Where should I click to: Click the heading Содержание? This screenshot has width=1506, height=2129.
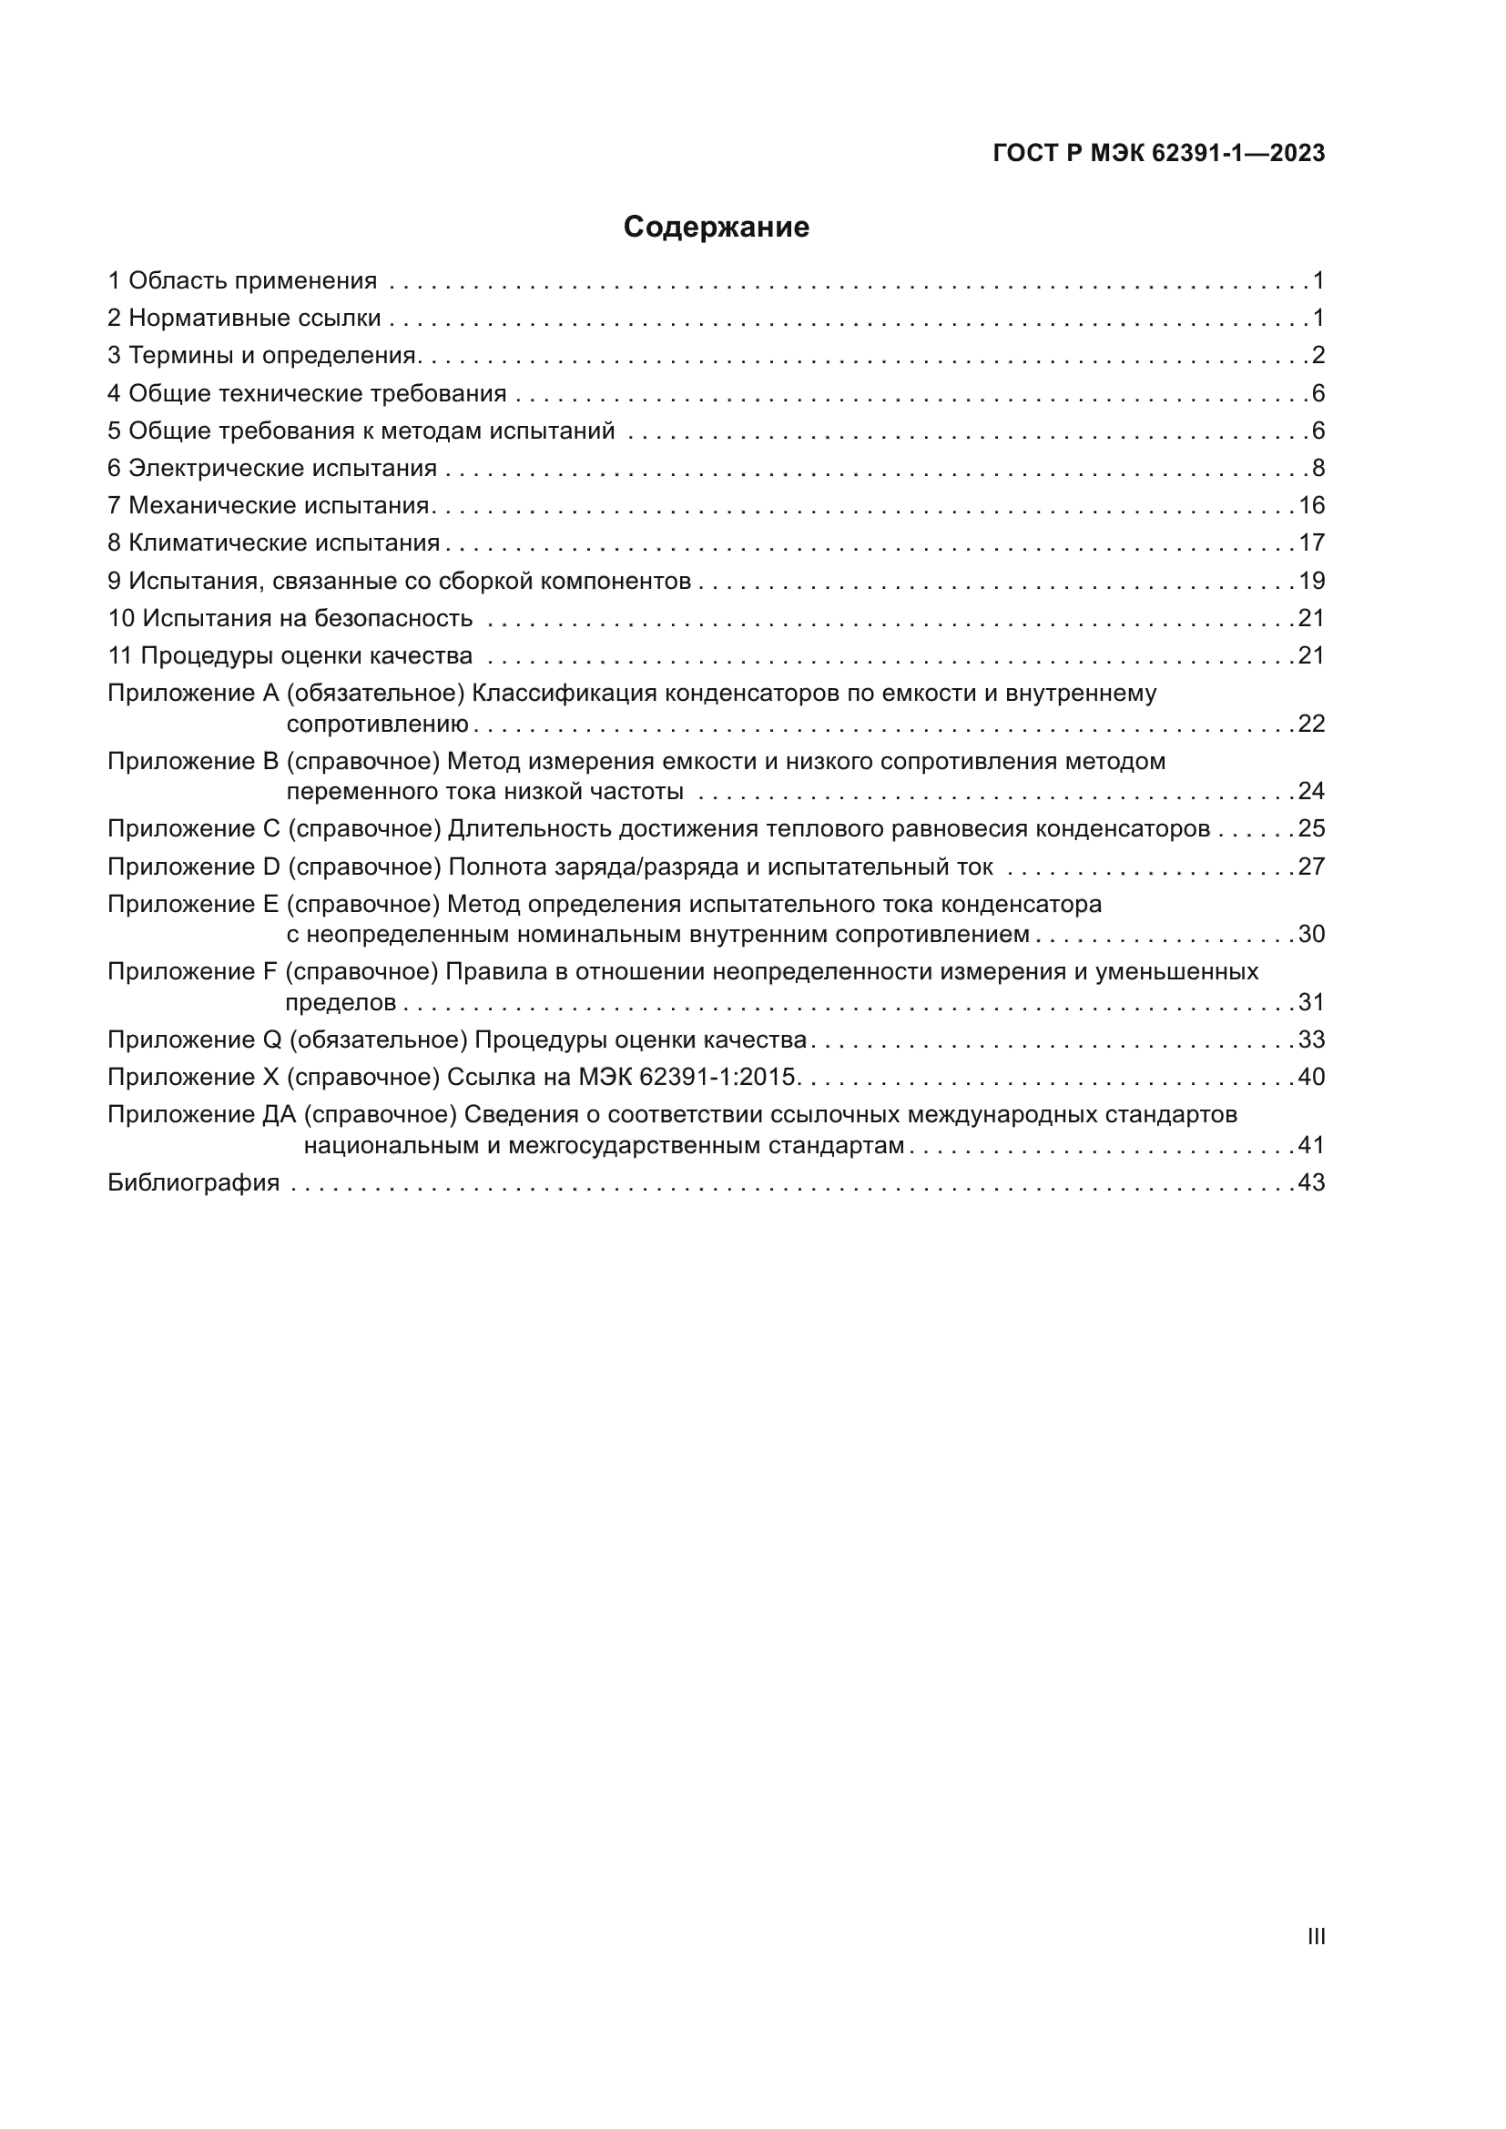click(715, 228)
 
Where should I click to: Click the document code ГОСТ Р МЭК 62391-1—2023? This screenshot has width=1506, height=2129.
click(1158, 153)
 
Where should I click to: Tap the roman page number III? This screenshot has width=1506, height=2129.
click(1315, 1936)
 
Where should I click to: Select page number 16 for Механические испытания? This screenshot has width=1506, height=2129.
click(1311, 505)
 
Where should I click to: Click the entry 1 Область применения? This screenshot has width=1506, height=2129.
click(242, 281)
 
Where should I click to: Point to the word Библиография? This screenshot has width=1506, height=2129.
click(193, 1182)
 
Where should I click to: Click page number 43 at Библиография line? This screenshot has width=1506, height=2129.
click(1311, 1182)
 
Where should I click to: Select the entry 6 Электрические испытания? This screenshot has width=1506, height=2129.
click(271, 468)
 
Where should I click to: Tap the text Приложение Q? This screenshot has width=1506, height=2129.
click(194, 1039)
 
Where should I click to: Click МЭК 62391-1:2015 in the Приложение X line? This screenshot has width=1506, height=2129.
click(687, 1077)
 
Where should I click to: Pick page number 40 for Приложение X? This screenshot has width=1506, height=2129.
click(1311, 1077)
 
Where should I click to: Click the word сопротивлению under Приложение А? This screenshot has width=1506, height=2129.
click(377, 725)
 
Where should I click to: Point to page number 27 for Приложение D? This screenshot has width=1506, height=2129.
click(1311, 867)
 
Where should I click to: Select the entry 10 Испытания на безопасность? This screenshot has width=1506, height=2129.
click(290, 618)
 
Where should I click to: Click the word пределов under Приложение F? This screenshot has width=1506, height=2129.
click(341, 1002)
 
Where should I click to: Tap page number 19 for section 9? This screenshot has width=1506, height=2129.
click(1311, 582)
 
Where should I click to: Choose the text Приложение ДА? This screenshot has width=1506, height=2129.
click(200, 1115)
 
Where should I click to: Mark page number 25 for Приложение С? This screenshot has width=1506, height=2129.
click(1311, 828)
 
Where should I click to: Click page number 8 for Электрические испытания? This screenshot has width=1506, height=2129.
click(1318, 468)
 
